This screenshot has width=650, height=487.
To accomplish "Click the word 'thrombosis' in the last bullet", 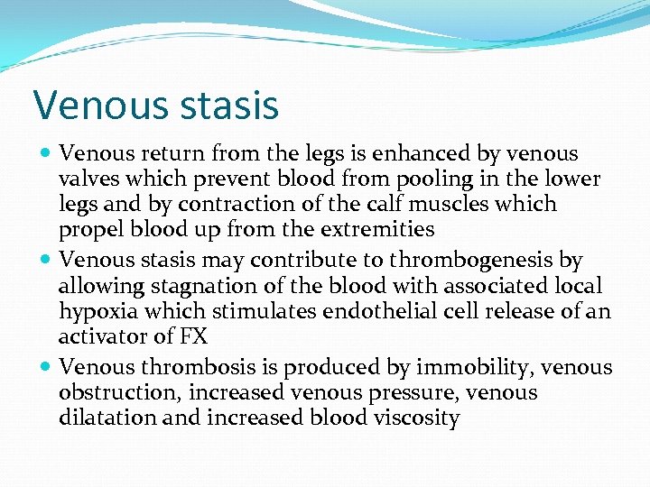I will (x=189, y=368).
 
